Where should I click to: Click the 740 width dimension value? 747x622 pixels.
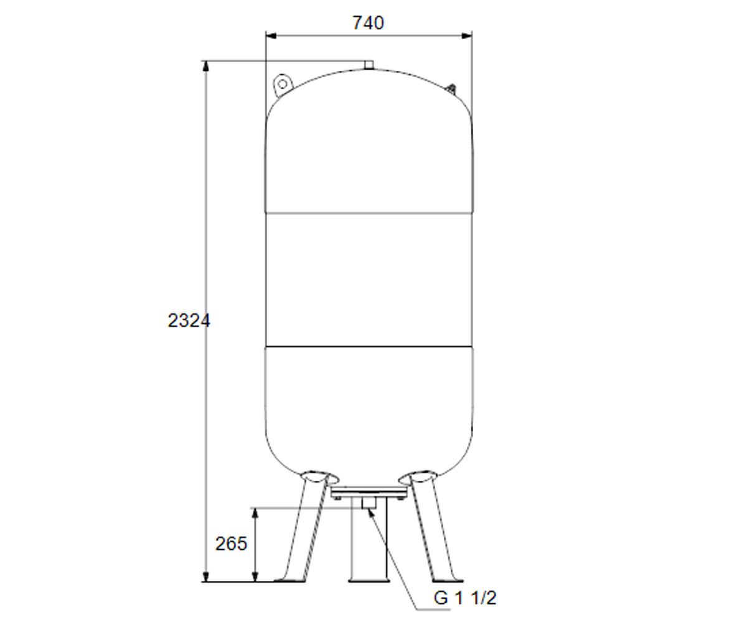368,23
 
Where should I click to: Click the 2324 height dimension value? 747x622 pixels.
189,320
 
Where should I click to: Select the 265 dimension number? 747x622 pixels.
231,544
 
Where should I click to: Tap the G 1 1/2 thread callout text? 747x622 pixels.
465,598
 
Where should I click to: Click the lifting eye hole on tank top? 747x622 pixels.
282,85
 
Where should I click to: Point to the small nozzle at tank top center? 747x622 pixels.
369,65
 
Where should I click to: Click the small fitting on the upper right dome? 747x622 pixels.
451,89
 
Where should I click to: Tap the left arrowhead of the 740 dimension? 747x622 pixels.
271,35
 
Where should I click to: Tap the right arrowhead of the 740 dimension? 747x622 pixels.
466,35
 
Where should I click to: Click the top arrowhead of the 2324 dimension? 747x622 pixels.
205,67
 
